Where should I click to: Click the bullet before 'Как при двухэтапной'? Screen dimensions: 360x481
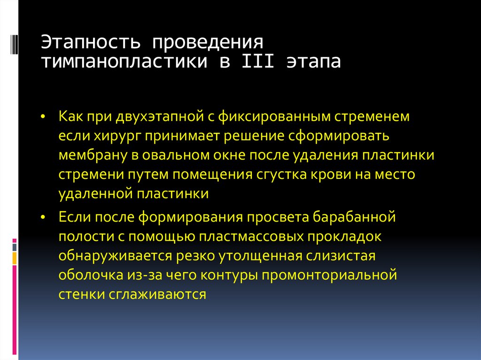(x=43, y=116)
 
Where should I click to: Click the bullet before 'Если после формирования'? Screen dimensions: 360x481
(x=43, y=217)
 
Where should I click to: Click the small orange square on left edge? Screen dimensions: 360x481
(x=15, y=258)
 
